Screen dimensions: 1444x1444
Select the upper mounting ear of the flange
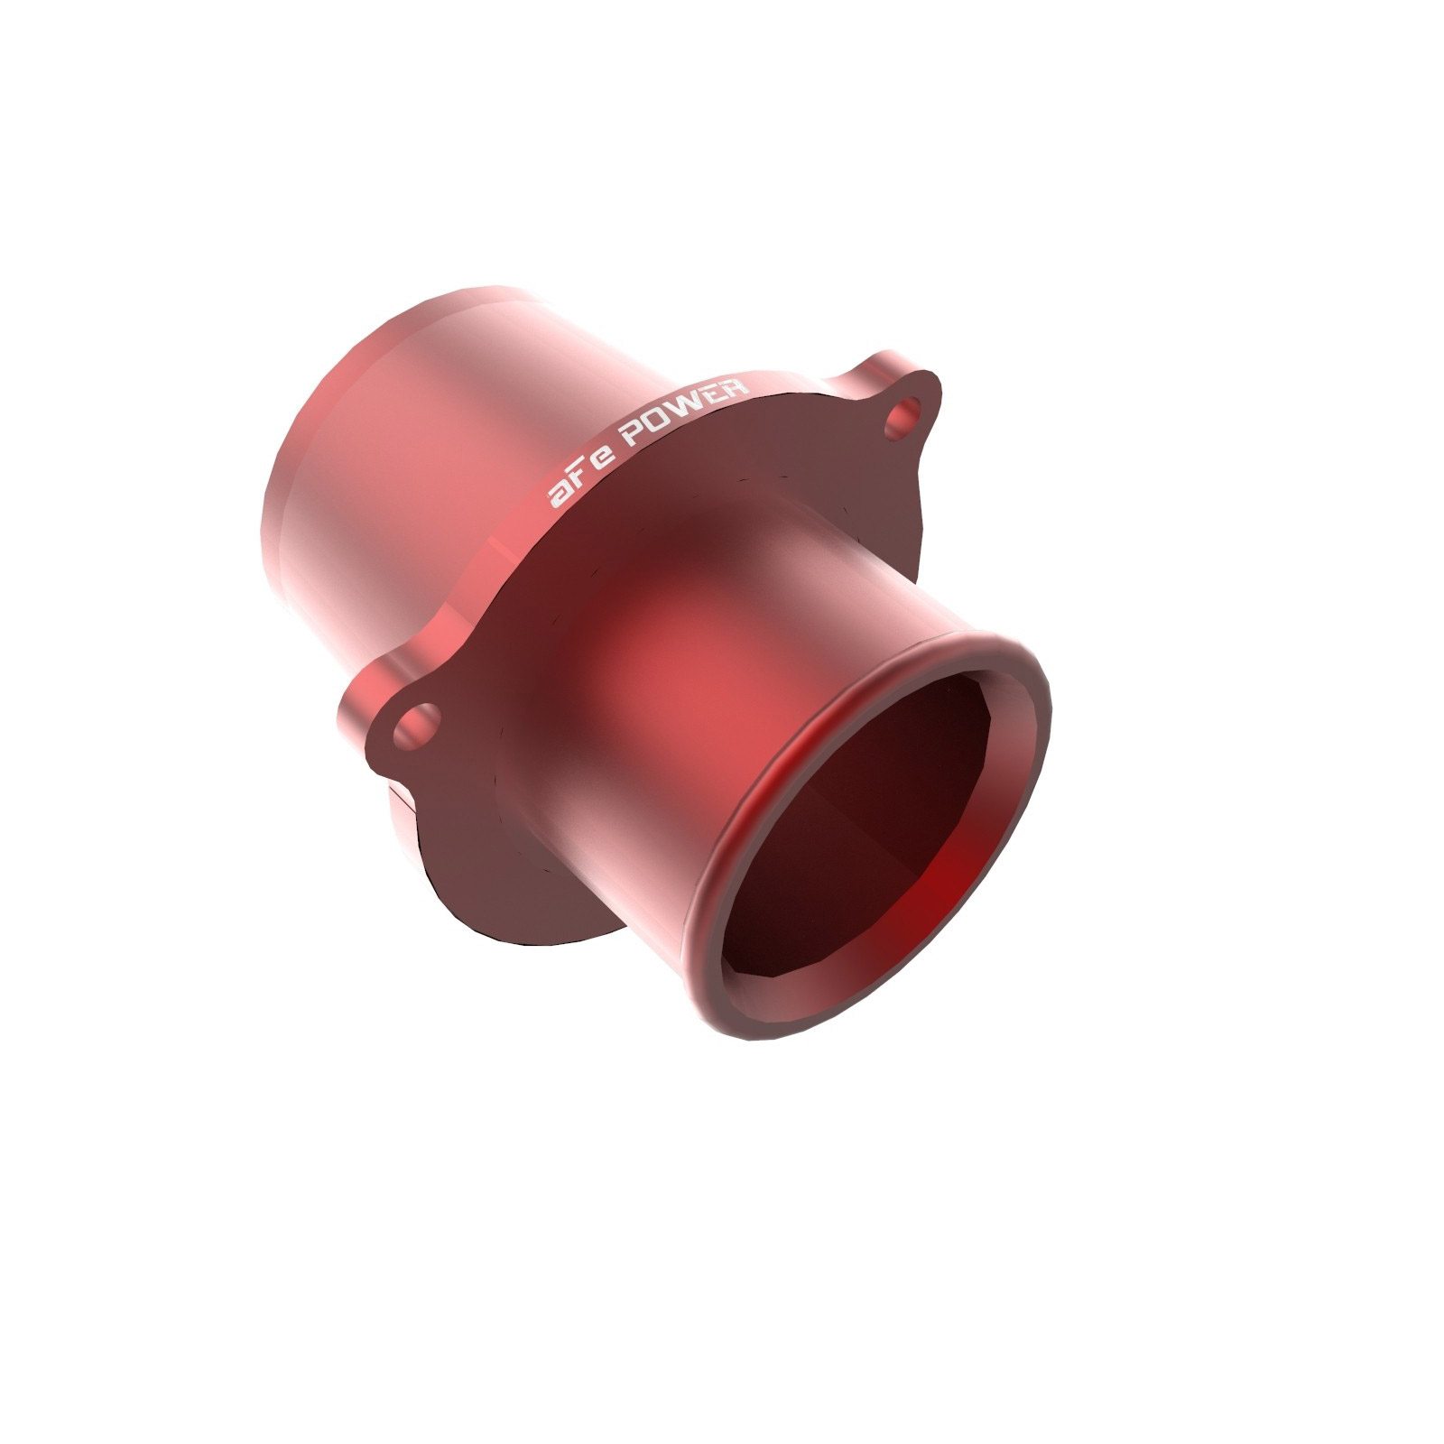click(893, 397)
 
